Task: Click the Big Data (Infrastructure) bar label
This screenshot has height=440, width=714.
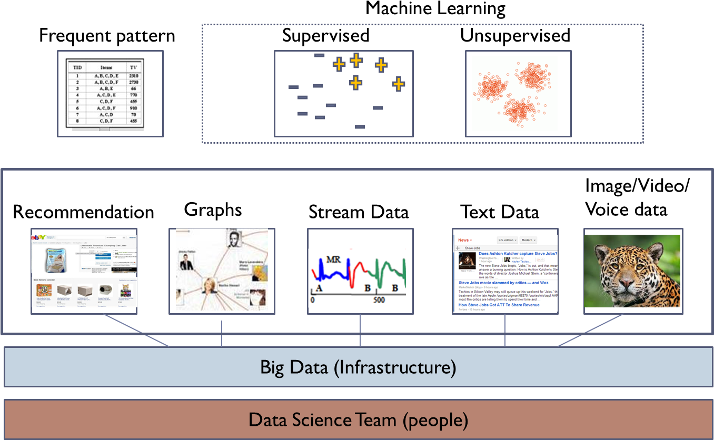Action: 358,367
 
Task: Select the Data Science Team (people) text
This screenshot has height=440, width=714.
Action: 358,420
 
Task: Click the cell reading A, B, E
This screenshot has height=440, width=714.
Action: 106,89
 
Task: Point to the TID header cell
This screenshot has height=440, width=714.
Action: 77,67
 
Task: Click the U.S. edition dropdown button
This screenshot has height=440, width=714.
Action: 507,240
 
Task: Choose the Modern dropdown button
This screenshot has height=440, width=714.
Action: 528,240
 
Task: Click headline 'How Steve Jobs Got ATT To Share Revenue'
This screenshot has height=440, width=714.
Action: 499,305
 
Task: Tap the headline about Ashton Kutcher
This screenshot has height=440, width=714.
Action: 518,254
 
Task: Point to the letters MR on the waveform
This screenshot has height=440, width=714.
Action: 333,259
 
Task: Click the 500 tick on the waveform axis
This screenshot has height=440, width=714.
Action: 379,300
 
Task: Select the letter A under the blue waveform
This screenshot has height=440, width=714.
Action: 318,288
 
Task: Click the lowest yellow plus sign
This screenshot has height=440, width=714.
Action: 356,82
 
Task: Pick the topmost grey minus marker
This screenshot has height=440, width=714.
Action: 320,55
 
